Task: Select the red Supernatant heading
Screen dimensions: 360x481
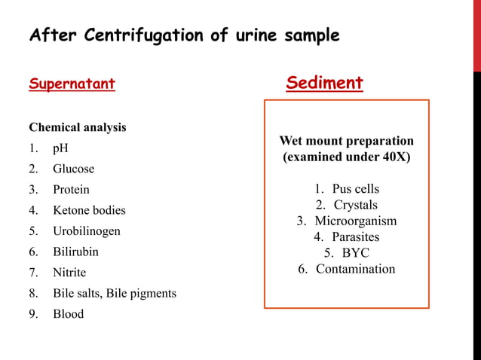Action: [x=72, y=84]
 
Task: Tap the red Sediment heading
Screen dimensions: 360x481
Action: [x=324, y=83]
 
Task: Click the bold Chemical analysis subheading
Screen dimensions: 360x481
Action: [x=78, y=127]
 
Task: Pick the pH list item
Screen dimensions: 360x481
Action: [x=60, y=148]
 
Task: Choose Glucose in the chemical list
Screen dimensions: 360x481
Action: [x=73, y=169]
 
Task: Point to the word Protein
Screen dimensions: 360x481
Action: [x=71, y=190]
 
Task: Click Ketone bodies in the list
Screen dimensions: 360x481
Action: [x=89, y=210]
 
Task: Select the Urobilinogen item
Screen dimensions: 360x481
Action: [x=86, y=231]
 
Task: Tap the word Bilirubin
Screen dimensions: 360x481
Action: [x=75, y=252]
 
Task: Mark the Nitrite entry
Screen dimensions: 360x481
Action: [x=69, y=273]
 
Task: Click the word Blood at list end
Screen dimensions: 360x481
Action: [x=68, y=314]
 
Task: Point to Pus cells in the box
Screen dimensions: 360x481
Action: [x=355, y=188]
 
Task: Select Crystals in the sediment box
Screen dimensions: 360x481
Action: [x=356, y=205]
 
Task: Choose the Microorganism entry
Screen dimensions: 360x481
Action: [x=356, y=221]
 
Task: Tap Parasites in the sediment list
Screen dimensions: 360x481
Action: [x=356, y=236]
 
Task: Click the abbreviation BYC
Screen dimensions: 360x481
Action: [x=356, y=253]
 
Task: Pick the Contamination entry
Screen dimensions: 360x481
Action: [x=355, y=269]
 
